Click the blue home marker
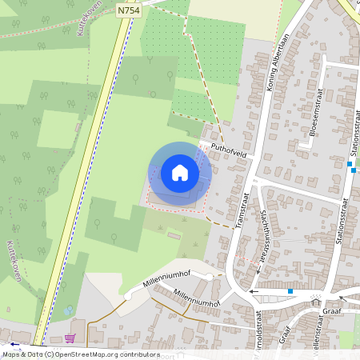point(179,172)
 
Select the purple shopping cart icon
point(70,338)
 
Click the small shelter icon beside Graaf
point(316,298)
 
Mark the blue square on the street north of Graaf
point(290,291)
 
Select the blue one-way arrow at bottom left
point(14,343)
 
